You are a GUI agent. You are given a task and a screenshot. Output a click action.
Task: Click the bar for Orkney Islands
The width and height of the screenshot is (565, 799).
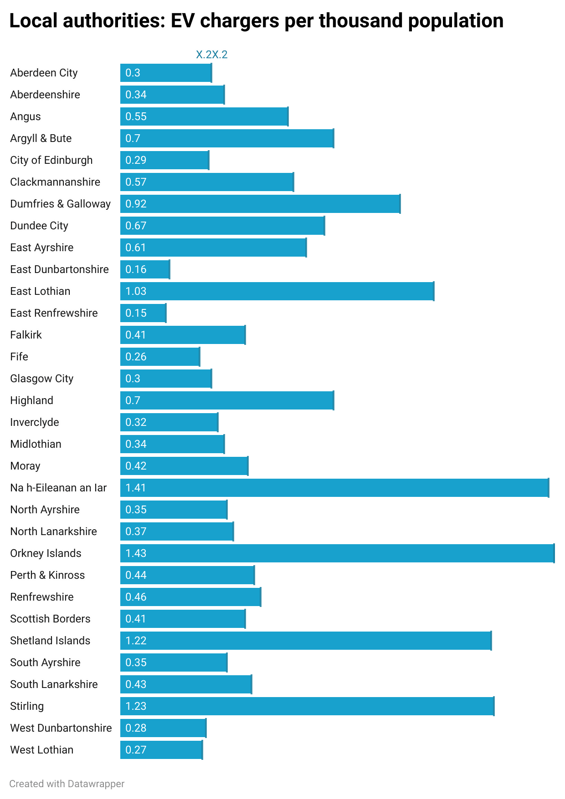(x=337, y=553)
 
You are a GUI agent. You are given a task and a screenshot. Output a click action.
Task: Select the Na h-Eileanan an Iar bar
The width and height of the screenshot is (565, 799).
(x=334, y=488)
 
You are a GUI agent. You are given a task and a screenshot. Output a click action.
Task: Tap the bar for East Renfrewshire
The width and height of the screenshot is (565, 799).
(x=143, y=313)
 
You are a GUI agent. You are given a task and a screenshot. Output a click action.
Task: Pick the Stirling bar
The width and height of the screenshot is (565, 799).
(x=307, y=706)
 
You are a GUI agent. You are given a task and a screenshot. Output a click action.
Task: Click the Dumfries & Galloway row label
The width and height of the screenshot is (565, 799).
(x=61, y=204)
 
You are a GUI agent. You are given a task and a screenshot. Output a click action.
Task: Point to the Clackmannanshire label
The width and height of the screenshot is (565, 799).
(x=55, y=182)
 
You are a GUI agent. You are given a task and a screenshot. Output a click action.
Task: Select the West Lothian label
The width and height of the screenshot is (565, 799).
(x=42, y=750)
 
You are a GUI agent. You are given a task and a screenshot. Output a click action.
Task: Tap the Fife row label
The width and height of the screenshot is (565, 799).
(x=19, y=357)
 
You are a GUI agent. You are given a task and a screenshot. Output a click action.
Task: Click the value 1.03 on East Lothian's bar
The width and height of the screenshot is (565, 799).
(x=136, y=291)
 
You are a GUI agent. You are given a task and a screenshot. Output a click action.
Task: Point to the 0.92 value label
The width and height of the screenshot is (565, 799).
(x=136, y=204)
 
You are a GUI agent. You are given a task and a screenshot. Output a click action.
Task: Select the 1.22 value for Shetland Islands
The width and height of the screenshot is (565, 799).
(x=136, y=641)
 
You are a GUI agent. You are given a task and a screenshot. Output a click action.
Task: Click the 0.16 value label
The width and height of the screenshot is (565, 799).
(x=136, y=269)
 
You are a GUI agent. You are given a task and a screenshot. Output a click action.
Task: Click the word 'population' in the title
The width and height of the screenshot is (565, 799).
(x=456, y=21)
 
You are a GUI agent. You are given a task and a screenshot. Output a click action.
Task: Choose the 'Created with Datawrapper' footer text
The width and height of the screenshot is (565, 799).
(x=67, y=784)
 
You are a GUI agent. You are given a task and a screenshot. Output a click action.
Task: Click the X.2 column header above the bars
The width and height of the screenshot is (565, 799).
(x=212, y=55)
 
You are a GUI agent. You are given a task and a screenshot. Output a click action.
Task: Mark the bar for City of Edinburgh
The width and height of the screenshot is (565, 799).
(x=164, y=160)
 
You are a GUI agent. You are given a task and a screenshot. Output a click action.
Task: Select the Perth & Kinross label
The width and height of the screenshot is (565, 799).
(x=47, y=575)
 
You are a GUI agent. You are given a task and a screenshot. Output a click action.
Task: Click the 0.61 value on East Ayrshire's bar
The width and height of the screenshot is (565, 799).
(x=136, y=248)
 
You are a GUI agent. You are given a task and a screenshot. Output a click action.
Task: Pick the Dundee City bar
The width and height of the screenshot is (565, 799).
(x=222, y=226)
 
